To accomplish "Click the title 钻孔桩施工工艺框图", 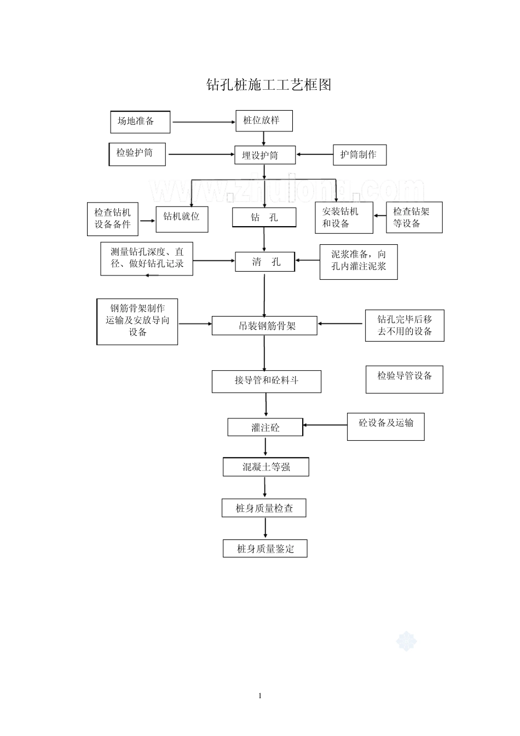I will point(268,85).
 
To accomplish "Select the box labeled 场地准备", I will point(140,122).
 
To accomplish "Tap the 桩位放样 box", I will point(264,120).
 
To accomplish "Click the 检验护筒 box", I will point(138,154).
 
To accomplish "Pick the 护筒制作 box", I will point(359,155).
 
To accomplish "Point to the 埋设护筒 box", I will point(265,155).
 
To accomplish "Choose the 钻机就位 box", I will point(182,219).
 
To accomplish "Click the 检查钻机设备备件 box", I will point(113,219).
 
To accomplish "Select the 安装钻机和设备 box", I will point(344,217).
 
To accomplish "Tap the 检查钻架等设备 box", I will point(414,217).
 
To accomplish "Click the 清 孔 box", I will point(265,262).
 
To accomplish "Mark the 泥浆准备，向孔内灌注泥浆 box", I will point(359,262).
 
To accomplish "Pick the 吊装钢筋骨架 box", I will point(264,326).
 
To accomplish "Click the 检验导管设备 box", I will point(404,379).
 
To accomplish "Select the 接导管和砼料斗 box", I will point(266,381).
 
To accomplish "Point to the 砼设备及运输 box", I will point(385,427).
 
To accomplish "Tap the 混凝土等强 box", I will point(265,467).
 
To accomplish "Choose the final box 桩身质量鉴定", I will point(265,548).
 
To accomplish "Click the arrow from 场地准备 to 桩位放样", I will point(203,122).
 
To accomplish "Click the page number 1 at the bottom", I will point(260,695).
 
